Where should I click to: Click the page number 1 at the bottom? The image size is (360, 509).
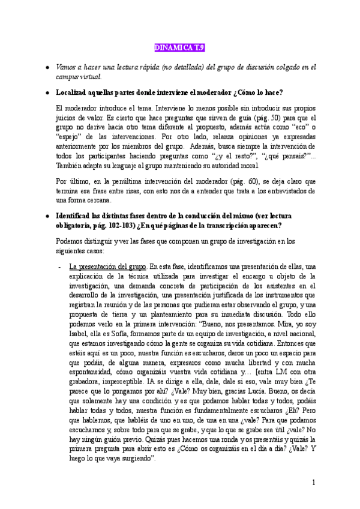click(313, 483)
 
